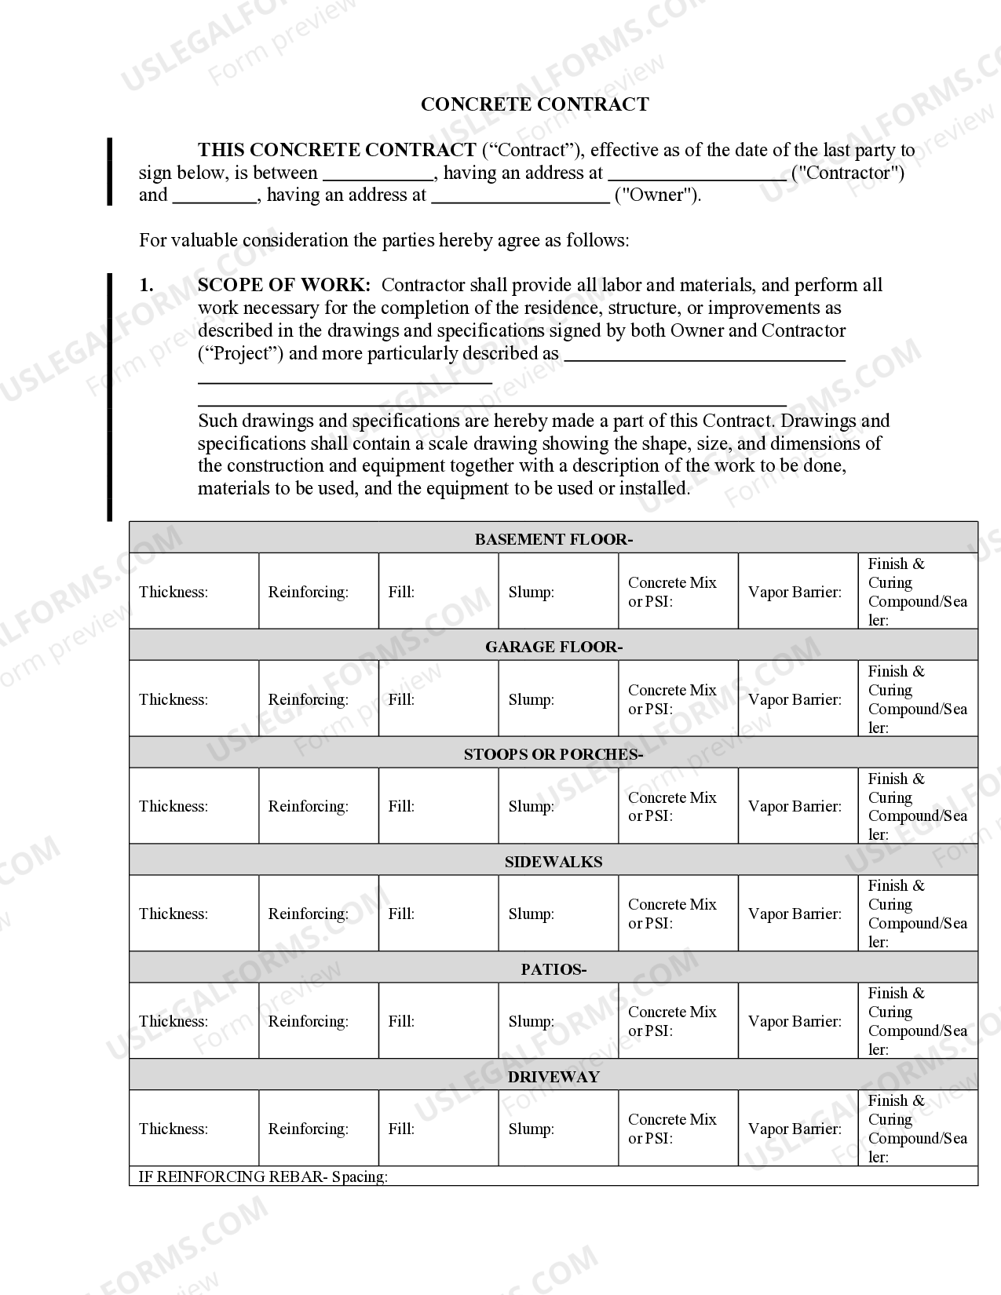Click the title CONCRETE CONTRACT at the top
[x=535, y=104]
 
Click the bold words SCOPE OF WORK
[x=283, y=285]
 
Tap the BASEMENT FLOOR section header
[x=553, y=539]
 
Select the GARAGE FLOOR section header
[x=553, y=647]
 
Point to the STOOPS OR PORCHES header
[x=553, y=754]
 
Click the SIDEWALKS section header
[x=553, y=862]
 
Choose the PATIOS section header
[x=553, y=969]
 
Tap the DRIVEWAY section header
[x=553, y=1077]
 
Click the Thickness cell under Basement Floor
[x=193, y=592]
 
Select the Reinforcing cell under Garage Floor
[x=318, y=699]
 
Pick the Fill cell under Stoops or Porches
[x=438, y=806]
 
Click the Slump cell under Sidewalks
[x=557, y=914]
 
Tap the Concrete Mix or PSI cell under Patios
[x=678, y=1021]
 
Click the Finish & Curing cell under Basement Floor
[x=917, y=592]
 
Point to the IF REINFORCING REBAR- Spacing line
[x=263, y=1176]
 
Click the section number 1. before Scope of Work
[x=147, y=285]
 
